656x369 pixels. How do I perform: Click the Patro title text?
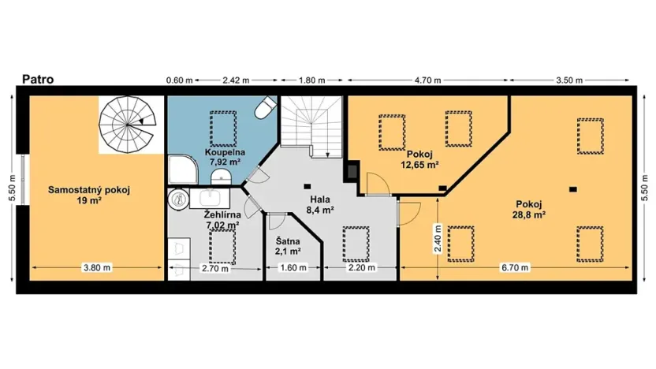[37, 79]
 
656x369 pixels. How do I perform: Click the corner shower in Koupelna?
[180, 169]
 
